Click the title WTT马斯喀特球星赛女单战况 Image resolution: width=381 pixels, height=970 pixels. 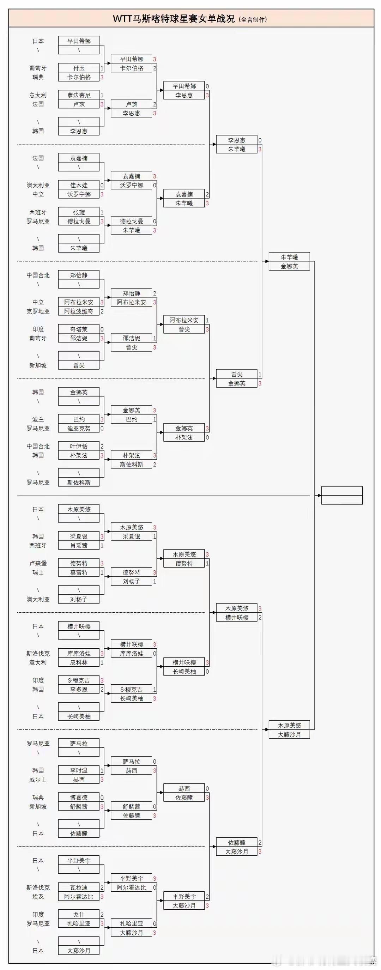tap(174, 19)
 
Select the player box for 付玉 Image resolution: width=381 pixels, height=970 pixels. tap(79, 68)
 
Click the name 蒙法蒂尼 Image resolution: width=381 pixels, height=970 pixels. tap(79, 95)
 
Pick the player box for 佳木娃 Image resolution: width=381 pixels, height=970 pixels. tap(79, 185)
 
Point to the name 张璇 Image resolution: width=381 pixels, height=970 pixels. tap(79, 212)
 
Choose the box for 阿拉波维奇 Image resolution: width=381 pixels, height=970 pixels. tap(79, 311)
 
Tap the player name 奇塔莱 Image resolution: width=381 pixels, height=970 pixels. tap(79, 329)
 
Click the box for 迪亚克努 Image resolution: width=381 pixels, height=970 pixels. tap(79, 429)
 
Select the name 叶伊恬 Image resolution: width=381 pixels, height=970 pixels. tap(79, 446)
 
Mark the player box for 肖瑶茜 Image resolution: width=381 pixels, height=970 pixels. tap(79, 545)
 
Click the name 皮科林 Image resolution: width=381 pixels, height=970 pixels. tap(79, 662)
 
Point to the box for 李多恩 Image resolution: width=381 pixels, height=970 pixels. tap(79, 690)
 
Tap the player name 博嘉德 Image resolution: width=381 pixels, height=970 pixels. tap(79, 798)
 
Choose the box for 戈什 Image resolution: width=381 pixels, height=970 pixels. tap(79, 915)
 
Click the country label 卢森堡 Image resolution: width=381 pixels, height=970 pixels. tap(38, 563)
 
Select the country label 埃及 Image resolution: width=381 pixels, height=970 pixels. tap(38, 897)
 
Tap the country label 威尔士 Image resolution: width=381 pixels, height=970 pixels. tap(38, 780)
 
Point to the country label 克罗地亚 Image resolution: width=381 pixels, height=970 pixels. tap(38, 311)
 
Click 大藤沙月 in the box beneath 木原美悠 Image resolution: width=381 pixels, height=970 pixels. tap(289, 735)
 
